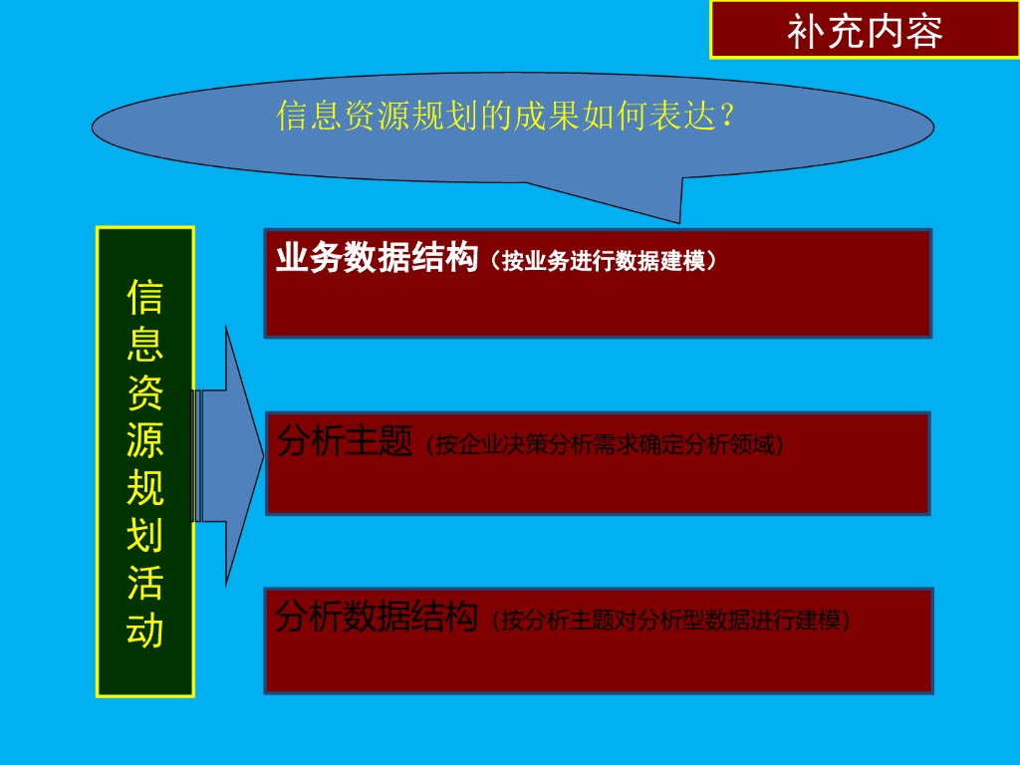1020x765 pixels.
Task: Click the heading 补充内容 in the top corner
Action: point(865,31)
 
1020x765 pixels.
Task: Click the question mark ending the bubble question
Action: point(727,116)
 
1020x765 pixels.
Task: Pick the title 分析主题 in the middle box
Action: point(345,441)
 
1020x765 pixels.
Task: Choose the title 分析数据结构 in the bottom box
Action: point(377,618)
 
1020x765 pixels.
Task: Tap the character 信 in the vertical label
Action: point(145,296)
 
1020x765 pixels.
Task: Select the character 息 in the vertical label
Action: point(145,344)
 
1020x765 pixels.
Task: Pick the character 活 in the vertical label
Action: point(145,583)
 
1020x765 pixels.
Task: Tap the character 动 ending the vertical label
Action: point(145,631)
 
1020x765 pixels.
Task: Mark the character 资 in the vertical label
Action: point(145,391)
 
